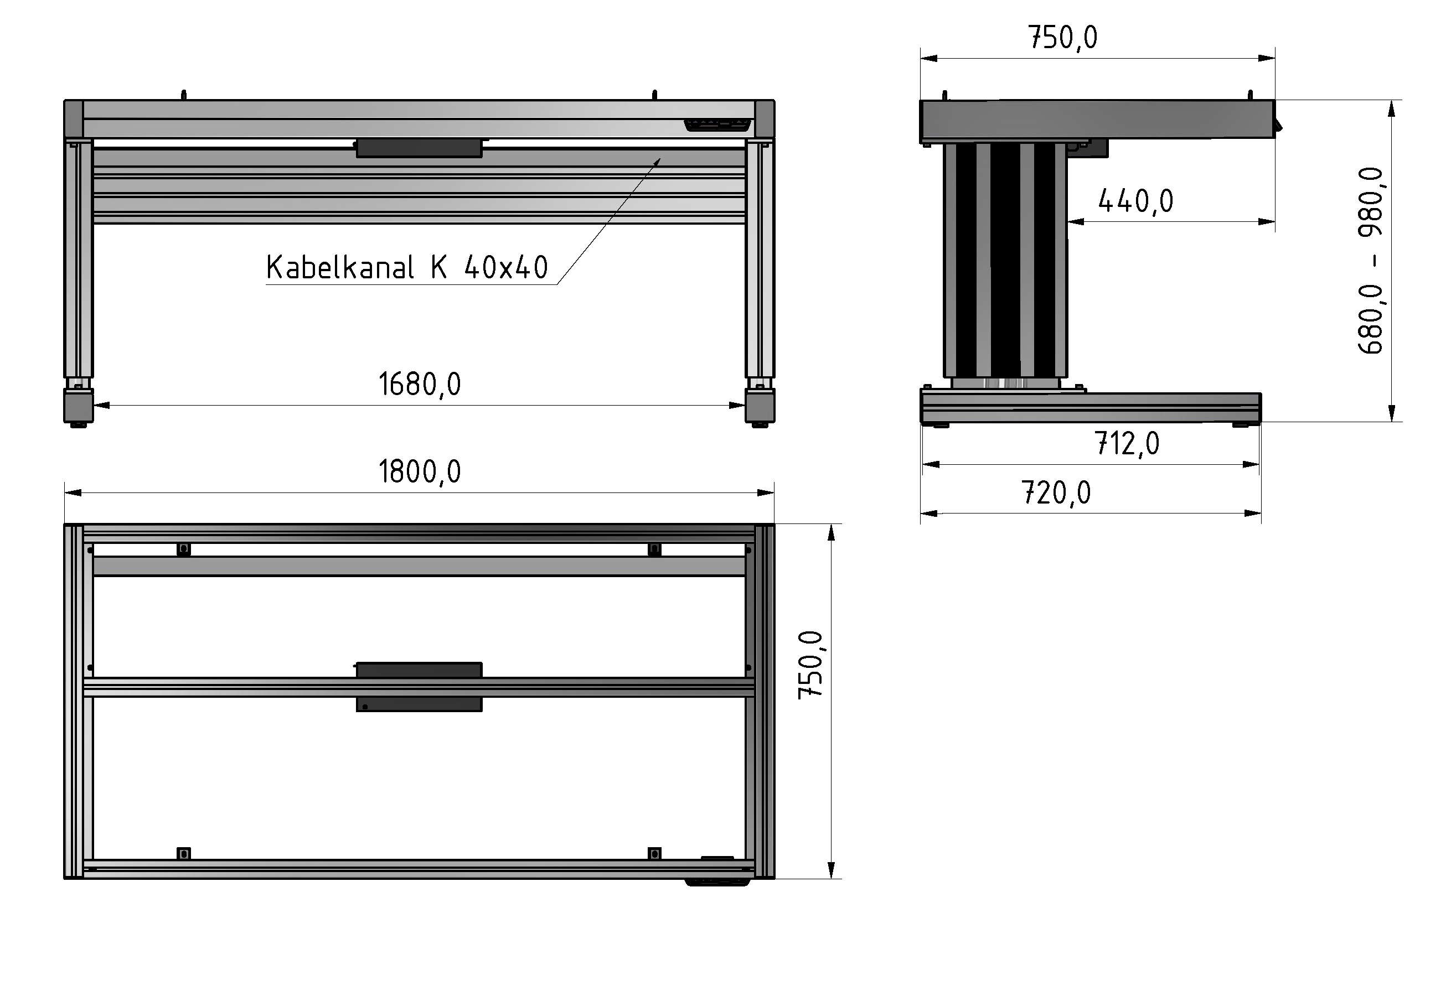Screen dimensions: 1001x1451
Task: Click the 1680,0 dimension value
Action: click(x=419, y=384)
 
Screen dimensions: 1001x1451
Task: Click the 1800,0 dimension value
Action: click(x=419, y=471)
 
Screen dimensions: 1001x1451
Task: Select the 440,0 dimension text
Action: click(x=1135, y=201)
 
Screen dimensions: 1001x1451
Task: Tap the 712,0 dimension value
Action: click(x=1127, y=444)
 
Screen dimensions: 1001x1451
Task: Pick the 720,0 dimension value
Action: click(x=1056, y=493)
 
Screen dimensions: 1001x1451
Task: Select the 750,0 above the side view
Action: click(x=1063, y=38)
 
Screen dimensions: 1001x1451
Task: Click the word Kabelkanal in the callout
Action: click(x=339, y=268)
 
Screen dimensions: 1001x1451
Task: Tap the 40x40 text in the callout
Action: click(x=505, y=268)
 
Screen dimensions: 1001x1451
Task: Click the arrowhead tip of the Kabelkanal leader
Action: click(x=660, y=159)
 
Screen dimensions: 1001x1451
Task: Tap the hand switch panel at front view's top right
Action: click(x=717, y=125)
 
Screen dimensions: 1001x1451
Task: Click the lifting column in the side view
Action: click(x=1004, y=260)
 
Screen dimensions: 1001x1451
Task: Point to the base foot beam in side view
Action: click(x=1090, y=407)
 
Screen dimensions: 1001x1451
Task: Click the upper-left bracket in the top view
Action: click(x=183, y=549)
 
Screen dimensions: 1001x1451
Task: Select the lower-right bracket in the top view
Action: click(x=654, y=854)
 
